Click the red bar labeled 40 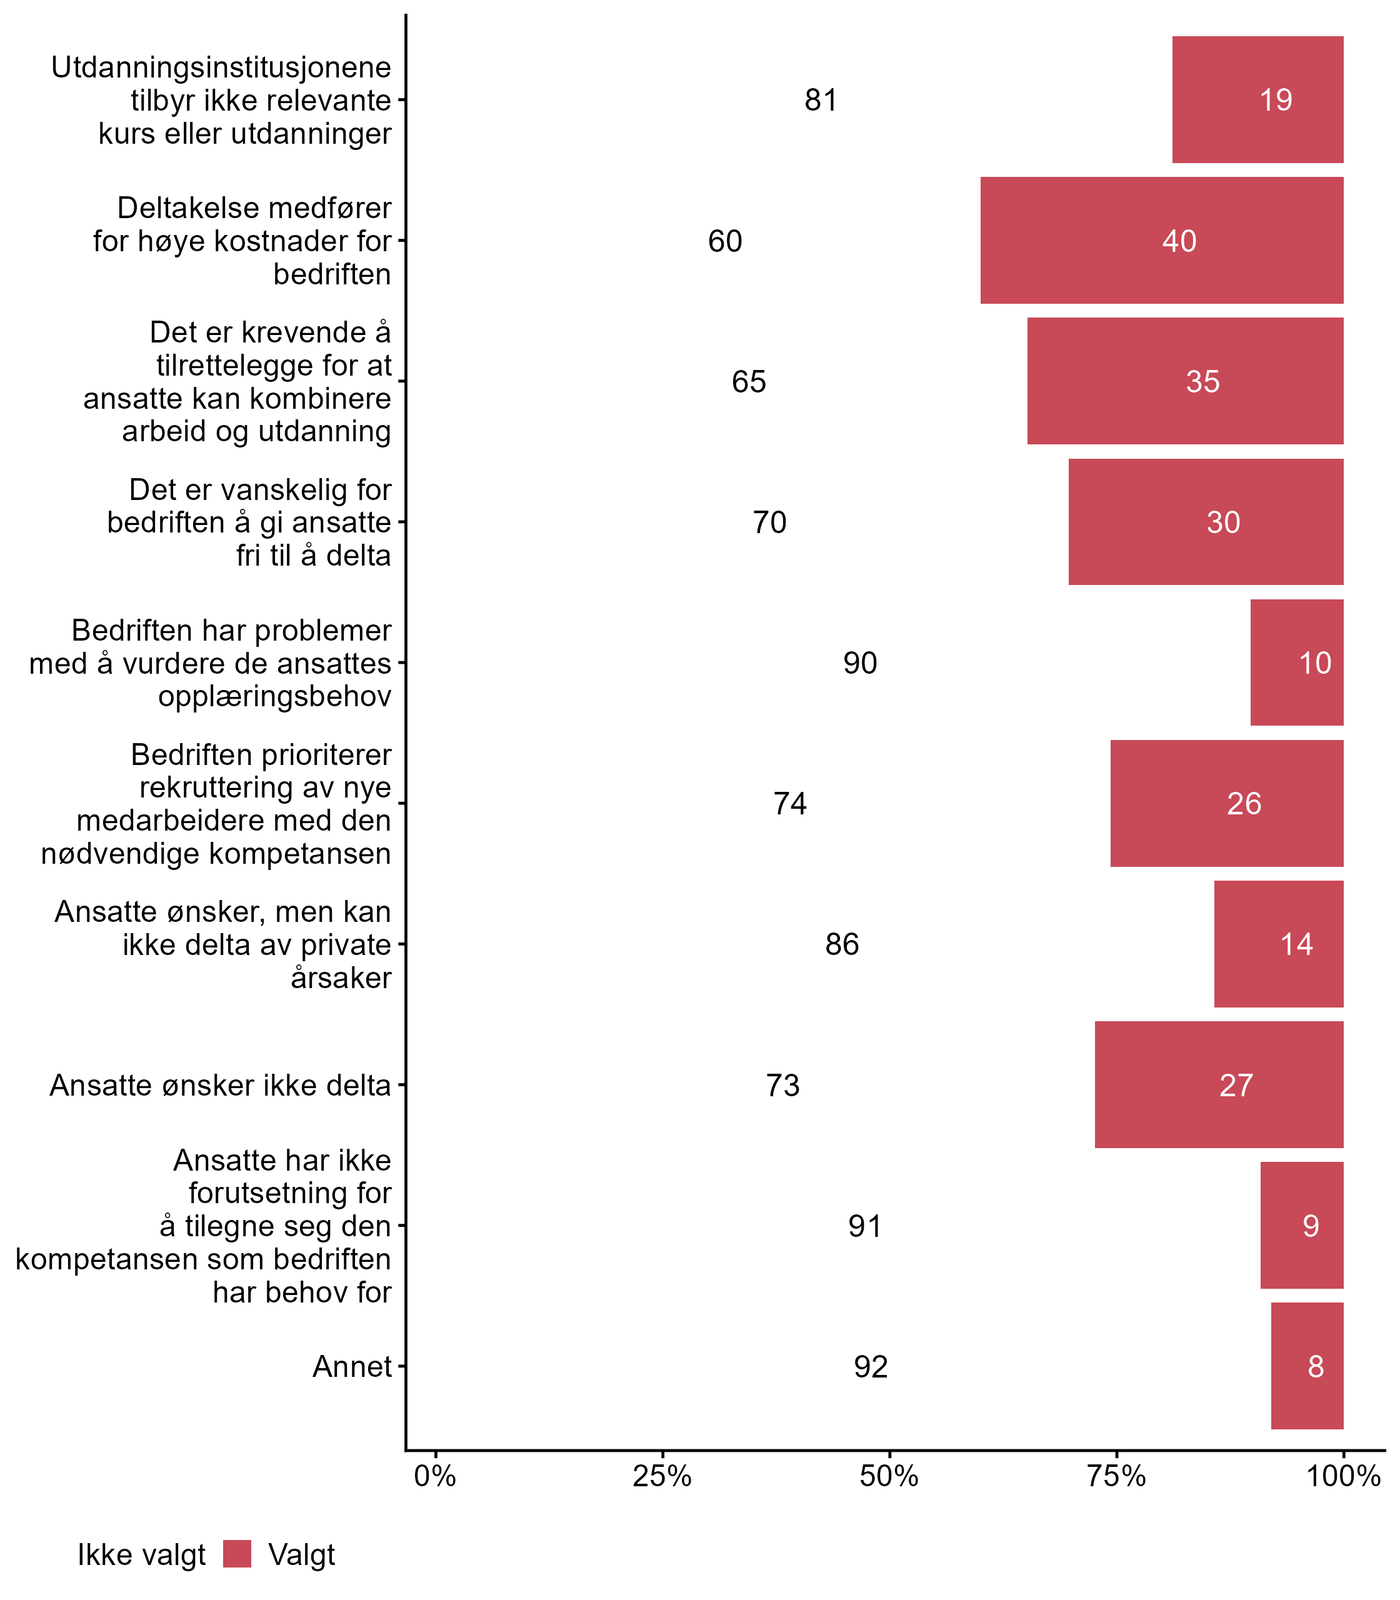pos(1161,241)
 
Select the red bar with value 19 pos(1257,100)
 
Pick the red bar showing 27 pos(1219,1085)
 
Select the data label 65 pos(749,381)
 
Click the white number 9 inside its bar pos(1310,1226)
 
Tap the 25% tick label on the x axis pos(662,1476)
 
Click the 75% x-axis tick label pos(1116,1476)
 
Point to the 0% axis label pos(435,1476)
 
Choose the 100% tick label pos(1343,1476)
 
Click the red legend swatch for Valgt pos(237,1554)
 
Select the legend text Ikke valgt pos(141,1555)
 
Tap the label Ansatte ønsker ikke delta pos(220,1085)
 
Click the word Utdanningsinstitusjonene pos(221,67)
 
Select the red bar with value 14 pos(1278,944)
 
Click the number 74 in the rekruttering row pos(790,803)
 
